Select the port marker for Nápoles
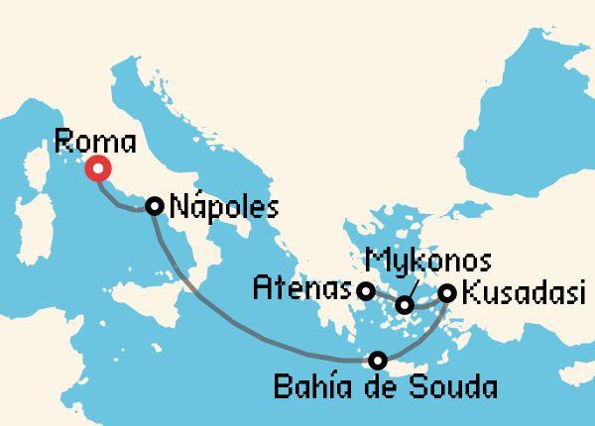coord(154,205)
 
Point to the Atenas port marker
coord(366,291)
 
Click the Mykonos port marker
coord(405,305)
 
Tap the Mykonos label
coord(427,263)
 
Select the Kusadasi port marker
coord(447,293)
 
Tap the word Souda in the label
coord(452,383)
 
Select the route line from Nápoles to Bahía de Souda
coord(218,317)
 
